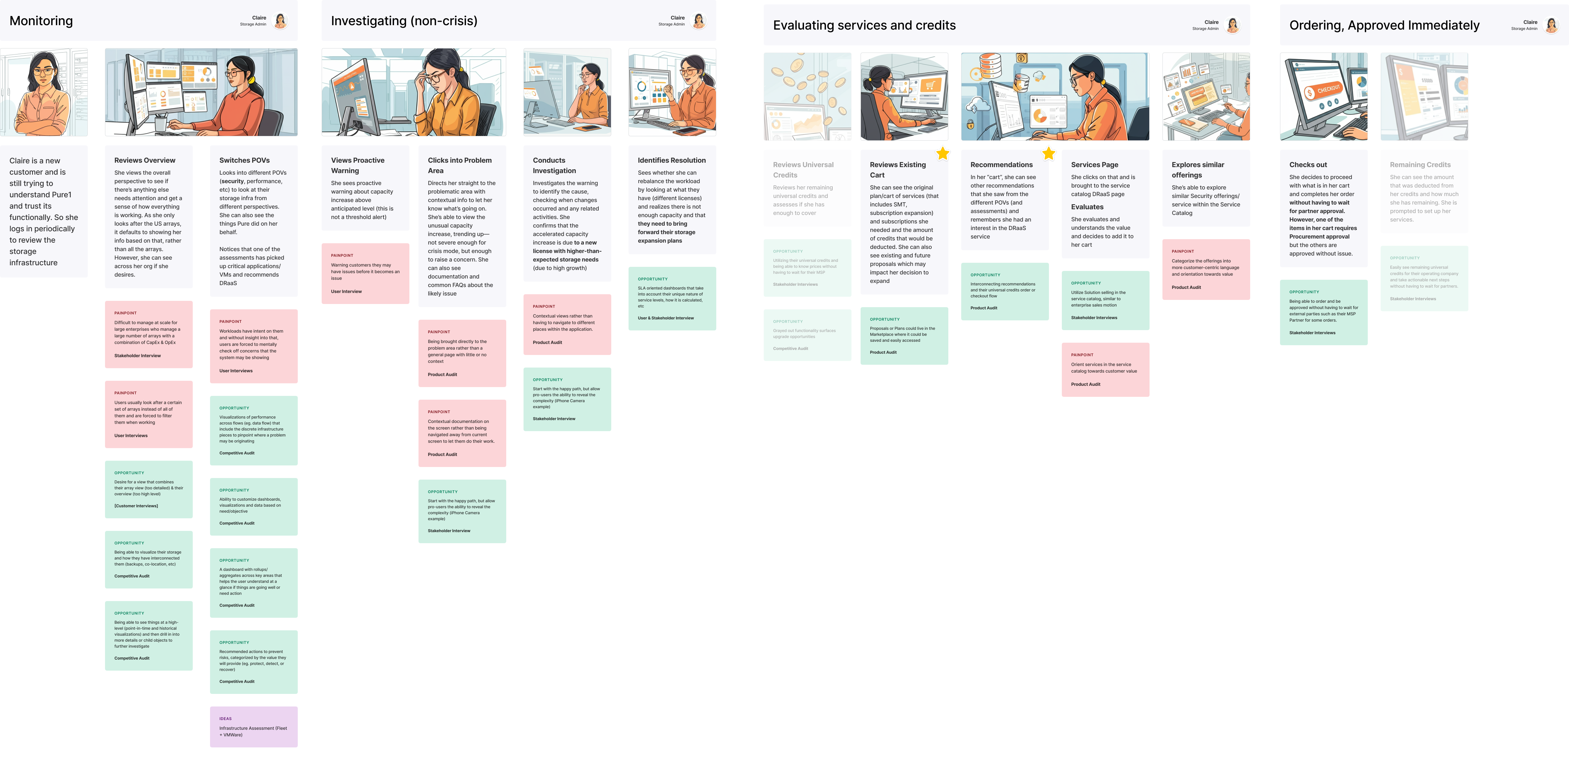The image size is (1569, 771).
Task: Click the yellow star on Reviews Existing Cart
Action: [942, 154]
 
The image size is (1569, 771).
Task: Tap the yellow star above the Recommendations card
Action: [1048, 154]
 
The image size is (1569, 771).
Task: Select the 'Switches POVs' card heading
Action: [244, 160]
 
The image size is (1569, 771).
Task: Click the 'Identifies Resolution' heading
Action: [671, 160]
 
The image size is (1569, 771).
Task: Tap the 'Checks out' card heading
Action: [1308, 165]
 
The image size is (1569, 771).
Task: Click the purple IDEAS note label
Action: [225, 718]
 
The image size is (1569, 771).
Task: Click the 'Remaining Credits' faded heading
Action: [1420, 165]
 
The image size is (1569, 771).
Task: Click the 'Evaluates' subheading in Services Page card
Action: [1087, 207]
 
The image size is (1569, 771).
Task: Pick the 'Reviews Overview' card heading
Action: [144, 160]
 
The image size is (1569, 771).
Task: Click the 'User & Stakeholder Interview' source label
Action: [665, 318]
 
